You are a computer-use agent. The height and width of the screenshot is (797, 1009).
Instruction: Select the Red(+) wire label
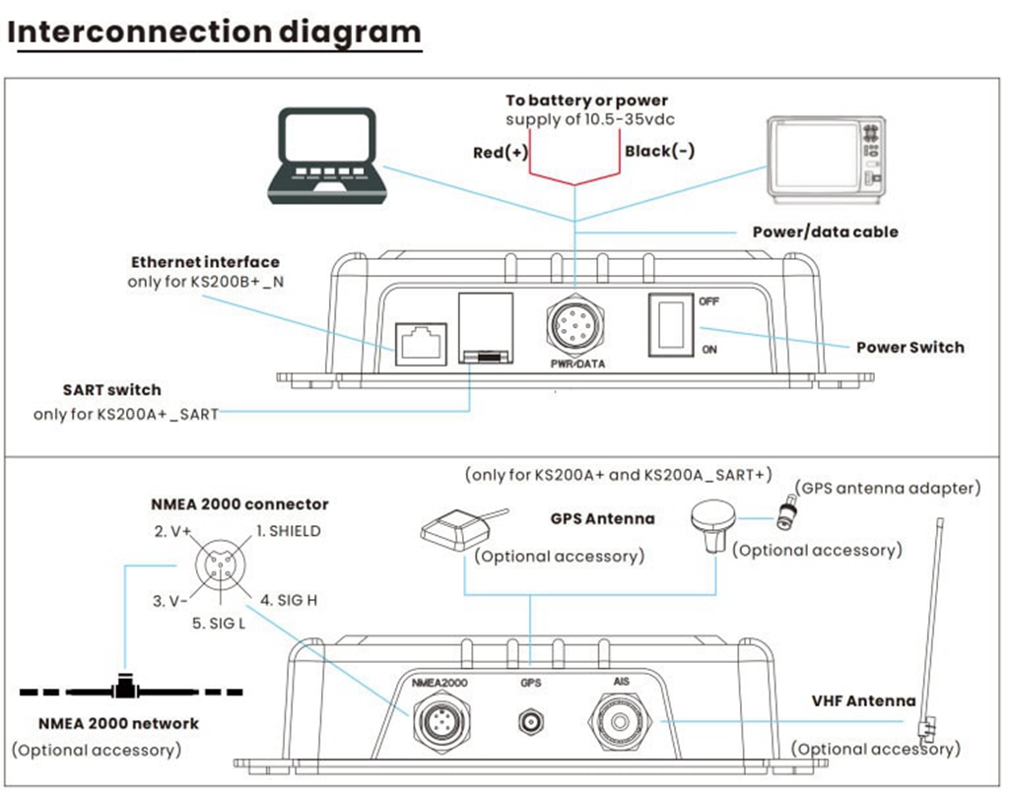pyautogui.click(x=500, y=152)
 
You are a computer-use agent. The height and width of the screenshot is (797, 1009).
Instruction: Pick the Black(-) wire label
pyautogui.click(x=659, y=152)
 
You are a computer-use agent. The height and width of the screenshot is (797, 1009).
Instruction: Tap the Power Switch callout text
pyautogui.click(x=909, y=347)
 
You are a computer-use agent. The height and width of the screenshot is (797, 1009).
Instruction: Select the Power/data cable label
pyautogui.click(x=825, y=232)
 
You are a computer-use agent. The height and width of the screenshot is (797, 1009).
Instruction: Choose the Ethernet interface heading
pyautogui.click(x=205, y=262)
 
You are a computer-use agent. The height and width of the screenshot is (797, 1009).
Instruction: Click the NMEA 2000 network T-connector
pyautogui.click(x=125, y=683)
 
